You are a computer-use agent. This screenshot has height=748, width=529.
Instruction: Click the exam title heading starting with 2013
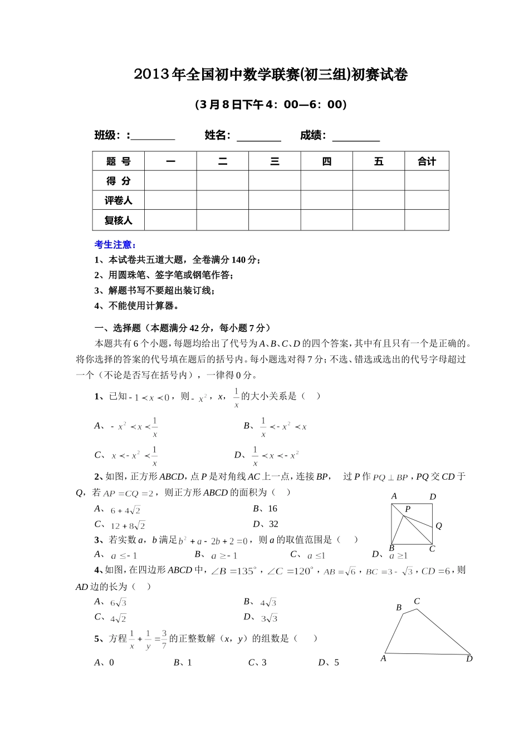click(x=271, y=75)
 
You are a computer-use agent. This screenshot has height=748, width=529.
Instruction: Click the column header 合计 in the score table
click(x=427, y=161)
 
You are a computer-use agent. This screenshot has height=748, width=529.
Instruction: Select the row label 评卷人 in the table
click(x=118, y=200)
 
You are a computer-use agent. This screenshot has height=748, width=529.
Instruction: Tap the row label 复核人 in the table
click(x=118, y=220)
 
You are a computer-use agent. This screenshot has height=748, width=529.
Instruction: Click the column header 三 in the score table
click(x=275, y=161)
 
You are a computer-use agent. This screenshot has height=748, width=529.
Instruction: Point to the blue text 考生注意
click(x=116, y=244)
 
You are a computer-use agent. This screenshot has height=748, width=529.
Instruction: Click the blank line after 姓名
click(x=259, y=136)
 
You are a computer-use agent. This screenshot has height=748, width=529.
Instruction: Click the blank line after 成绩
click(x=356, y=136)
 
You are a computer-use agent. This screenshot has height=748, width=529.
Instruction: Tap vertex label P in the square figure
click(x=408, y=509)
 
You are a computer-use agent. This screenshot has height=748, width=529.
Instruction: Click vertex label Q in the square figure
click(x=439, y=525)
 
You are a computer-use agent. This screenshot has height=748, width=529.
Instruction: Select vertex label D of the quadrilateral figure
click(x=469, y=659)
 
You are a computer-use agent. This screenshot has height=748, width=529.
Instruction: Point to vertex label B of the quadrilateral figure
click(x=399, y=608)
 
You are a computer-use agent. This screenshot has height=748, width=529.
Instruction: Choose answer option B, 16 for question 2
click(x=265, y=509)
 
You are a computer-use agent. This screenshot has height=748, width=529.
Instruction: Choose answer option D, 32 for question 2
click(x=266, y=524)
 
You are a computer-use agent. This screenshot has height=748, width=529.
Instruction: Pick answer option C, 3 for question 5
click(x=257, y=662)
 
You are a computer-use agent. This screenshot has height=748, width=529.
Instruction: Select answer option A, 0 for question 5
click(x=104, y=662)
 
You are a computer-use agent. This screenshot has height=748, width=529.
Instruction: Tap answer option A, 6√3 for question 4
click(x=111, y=602)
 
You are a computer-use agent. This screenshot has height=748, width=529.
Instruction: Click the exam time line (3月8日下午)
click(x=271, y=105)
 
